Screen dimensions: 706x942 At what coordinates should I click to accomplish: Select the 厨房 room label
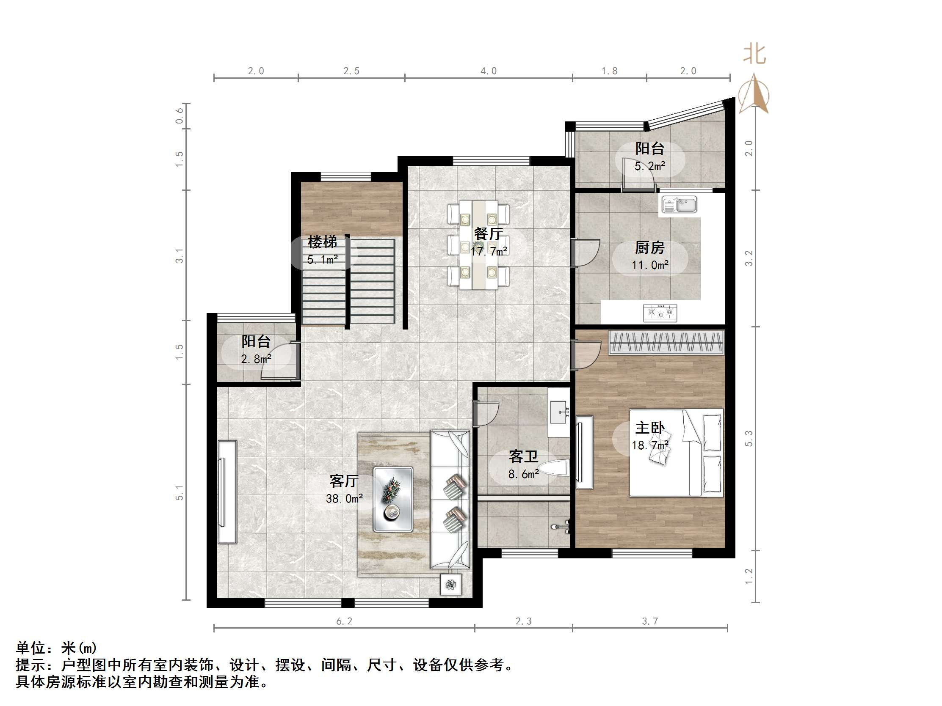pyautogui.click(x=649, y=248)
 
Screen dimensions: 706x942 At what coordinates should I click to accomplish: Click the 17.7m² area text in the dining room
pyautogui.click(x=489, y=252)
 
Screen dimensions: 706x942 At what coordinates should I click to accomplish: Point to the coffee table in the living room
pyautogui.click(x=392, y=499)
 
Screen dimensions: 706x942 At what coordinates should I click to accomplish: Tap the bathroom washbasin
pyautogui.click(x=558, y=412)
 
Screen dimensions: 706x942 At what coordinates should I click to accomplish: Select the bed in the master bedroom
pyautogui.click(x=676, y=452)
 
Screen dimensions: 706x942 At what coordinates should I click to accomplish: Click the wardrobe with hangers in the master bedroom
pyautogui.click(x=666, y=343)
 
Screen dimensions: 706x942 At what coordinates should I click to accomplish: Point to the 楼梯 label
pyautogui.click(x=322, y=242)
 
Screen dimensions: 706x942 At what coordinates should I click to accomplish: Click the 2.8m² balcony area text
pyautogui.click(x=256, y=359)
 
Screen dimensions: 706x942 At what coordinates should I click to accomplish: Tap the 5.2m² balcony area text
pyautogui.click(x=649, y=166)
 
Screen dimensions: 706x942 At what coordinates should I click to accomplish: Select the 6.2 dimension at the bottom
pyautogui.click(x=344, y=621)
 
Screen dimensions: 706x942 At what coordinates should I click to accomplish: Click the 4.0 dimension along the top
pyautogui.click(x=489, y=71)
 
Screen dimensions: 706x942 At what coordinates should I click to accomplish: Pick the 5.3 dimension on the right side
pyautogui.click(x=749, y=438)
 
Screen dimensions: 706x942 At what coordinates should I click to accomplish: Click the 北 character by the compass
pyautogui.click(x=754, y=55)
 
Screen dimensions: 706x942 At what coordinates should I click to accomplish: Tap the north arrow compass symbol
pyautogui.click(x=754, y=94)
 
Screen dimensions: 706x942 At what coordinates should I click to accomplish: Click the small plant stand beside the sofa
pyautogui.click(x=450, y=585)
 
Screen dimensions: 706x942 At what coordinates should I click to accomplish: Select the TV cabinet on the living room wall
pyautogui.click(x=227, y=492)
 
